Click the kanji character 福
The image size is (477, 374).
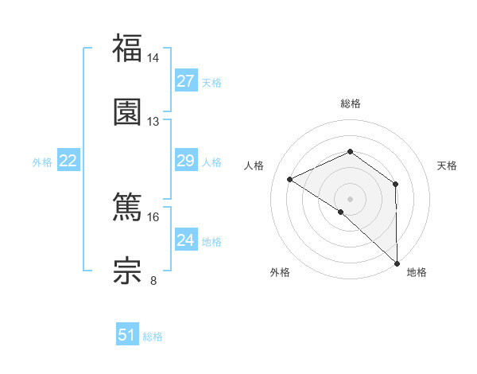tap(127, 49)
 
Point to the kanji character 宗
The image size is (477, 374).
tap(127, 271)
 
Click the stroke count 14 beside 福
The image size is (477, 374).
tap(153, 58)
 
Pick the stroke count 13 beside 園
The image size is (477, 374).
tap(153, 121)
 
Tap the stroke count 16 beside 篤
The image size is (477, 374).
tap(153, 216)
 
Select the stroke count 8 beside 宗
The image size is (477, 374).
tap(153, 280)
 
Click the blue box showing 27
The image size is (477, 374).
tap(185, 81)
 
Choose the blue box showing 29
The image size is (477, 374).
tap(185, 162)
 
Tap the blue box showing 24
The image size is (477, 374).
tap(185, 240)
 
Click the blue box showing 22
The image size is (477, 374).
tap(68, 162)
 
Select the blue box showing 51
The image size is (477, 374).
tap(127, 335)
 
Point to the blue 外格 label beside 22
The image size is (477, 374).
tap(42, 162)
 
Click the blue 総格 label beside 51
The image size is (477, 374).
tap(153, 337)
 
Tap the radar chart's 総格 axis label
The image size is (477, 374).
tap(350, 103)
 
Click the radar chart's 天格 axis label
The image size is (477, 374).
tap(448, 166)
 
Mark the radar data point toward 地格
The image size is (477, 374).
tap(397, 263)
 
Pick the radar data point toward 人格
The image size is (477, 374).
tap(290, 179)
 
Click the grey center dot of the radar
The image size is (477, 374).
tap(350, 198)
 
